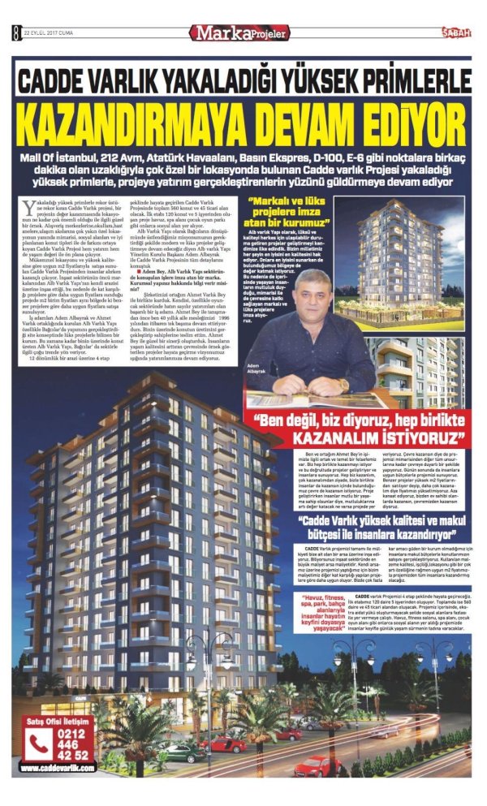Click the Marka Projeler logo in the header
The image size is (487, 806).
(x=239, y=33)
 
